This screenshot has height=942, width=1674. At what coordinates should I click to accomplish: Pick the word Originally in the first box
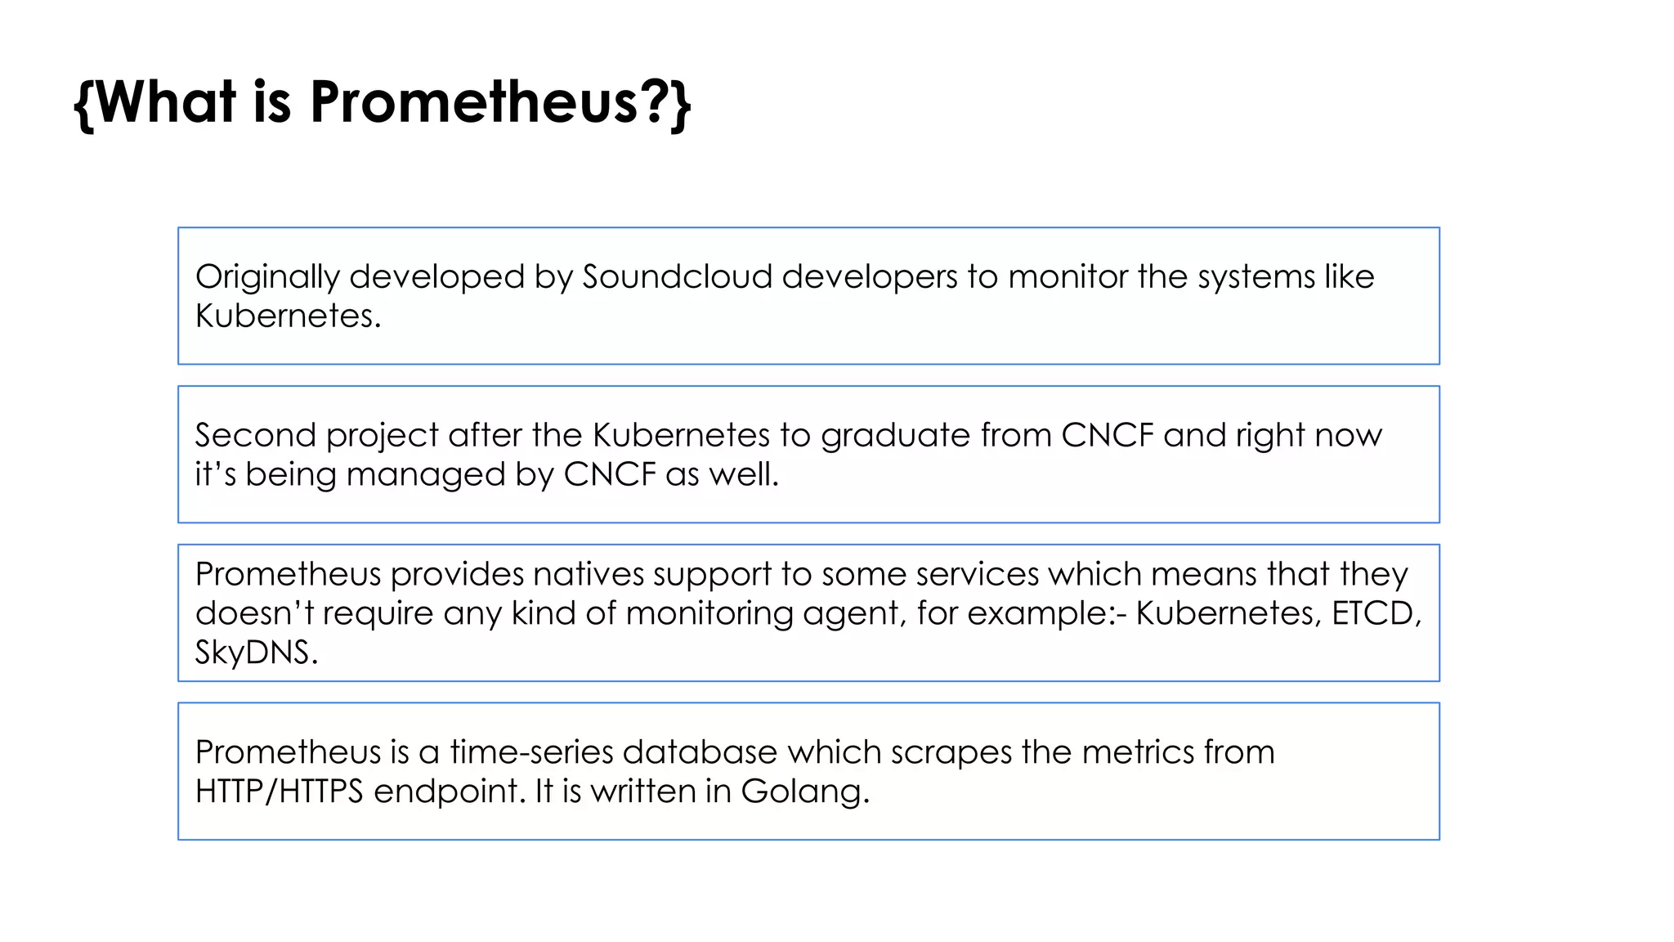coord(266,278)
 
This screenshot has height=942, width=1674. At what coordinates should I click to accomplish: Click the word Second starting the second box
coord(255,435)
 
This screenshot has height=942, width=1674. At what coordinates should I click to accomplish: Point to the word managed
coord(425,475)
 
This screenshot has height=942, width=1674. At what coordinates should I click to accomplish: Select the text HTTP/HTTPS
coord(279,792)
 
